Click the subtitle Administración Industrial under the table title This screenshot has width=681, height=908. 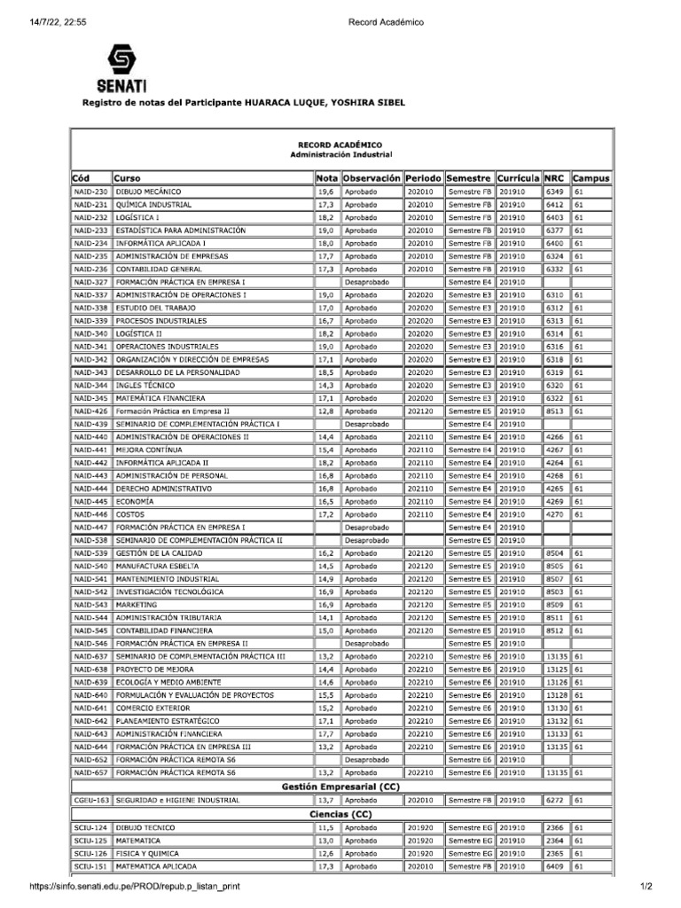click(x=340, y=154)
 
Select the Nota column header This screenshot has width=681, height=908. click(x=326, y=178)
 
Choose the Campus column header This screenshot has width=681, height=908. click(x=591, y=178)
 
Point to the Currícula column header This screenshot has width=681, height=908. click(x=518, y=178)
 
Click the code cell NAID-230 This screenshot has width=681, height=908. click(x=90, y=192)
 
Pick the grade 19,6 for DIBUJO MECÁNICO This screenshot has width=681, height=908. click(x=325, y=192)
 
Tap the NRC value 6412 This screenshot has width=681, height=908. click(x=555, y=205)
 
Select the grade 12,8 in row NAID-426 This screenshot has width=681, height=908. click(x=325, y=411)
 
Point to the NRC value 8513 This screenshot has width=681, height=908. click(x=555, y=411)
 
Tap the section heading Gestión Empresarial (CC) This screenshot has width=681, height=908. click(x=340, y=787)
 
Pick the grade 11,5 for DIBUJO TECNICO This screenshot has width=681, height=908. click(x=325, y=826)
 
